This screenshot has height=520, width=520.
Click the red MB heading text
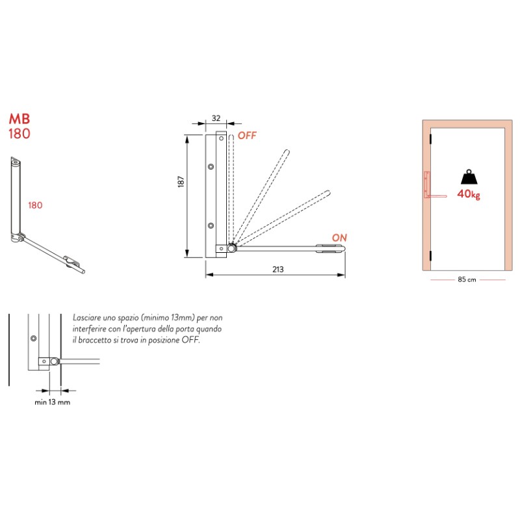coord(19,120)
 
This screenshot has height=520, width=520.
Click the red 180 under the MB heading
coord(19,134)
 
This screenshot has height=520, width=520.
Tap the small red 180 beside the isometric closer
coord(35,205)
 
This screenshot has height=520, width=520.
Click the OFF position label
coord(247,136)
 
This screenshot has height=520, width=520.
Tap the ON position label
coord(339,238)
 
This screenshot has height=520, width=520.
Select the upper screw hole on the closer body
coord(211,167)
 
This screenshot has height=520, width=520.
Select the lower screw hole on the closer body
coord(211,226)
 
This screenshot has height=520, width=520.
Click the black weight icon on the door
coord(468,177)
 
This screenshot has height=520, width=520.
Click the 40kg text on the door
coord(468,194)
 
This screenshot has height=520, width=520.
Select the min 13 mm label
coord(52,402)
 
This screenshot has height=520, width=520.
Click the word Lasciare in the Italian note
coord(88,318)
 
